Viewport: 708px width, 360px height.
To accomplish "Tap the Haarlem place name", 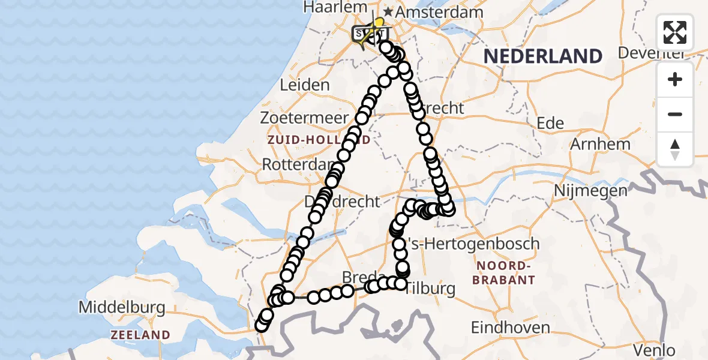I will [335, 7].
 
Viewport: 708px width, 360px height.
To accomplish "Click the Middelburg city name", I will [122, 308].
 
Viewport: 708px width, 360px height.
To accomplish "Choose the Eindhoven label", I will [511, 328].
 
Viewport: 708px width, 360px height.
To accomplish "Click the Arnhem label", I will [600, 144].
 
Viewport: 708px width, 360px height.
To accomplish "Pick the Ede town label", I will [550, 124].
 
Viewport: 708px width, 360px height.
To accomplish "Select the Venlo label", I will [656, 350].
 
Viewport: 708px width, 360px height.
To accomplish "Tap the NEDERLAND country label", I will [542, 56].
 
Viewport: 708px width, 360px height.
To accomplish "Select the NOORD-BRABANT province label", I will [503, 273].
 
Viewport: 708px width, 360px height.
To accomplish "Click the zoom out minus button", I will [675, 114].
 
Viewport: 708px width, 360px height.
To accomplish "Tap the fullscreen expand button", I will [675, 32].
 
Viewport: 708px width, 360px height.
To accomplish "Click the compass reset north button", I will [675, 149].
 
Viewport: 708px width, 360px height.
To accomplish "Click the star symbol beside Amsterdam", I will [389, 12].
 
